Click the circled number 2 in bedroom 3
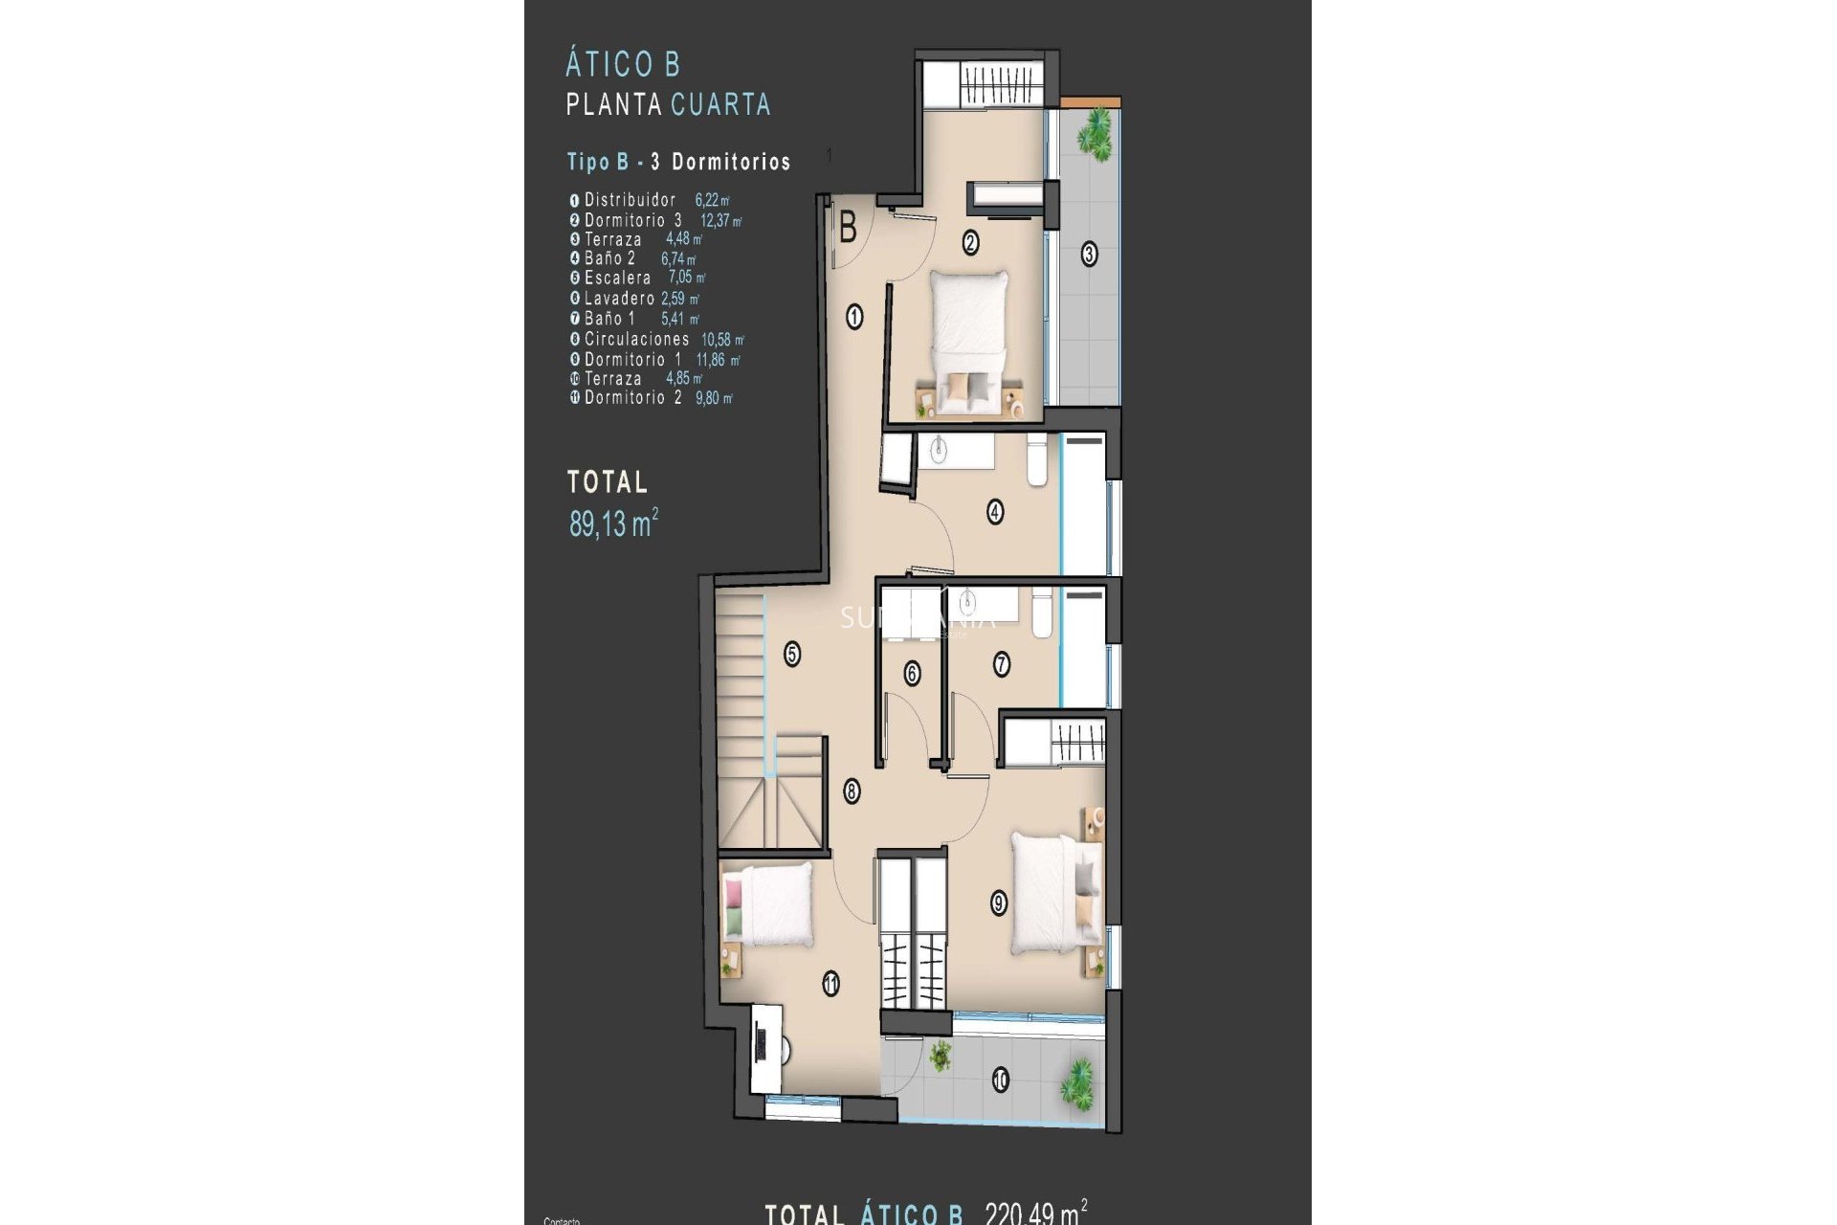tap(970, 243)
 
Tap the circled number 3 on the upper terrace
tap(1089, 255)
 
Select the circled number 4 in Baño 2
tap(995, 512)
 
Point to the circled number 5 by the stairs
tap(792, 655)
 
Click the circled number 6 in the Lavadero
tap(912, 674)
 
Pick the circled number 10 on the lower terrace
tap(1000, 1080)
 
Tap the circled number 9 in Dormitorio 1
tap(999, 902)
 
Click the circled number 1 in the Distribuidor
tap(854, 316)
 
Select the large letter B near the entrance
tap(848, 229)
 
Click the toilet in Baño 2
tap(1036, 459)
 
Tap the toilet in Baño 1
tap(1042, 612)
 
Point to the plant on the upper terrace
tap(1095, 134)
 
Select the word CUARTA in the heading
tap(720, 104)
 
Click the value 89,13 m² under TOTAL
tap(613, 523)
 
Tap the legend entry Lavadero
tap(619, 299)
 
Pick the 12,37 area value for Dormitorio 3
tap(720, 221)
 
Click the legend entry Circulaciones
tap(636, 339)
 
